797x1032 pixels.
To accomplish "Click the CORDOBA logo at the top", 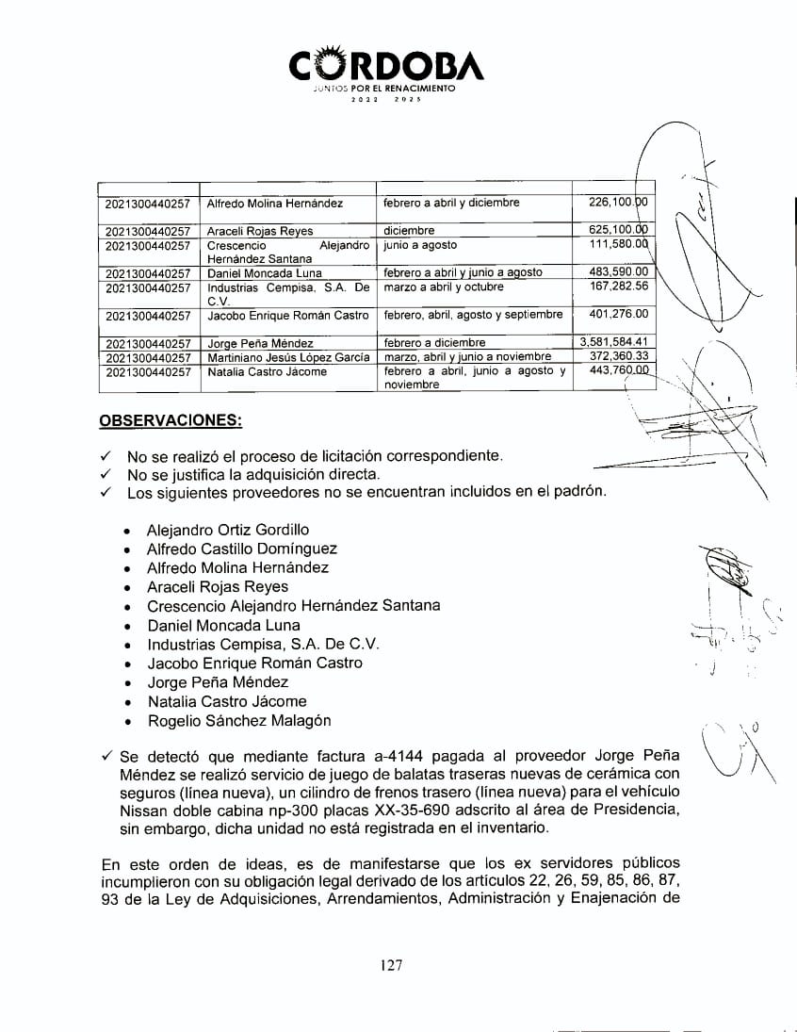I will click(385, 66).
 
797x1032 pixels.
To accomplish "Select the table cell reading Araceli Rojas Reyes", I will click(260, 231).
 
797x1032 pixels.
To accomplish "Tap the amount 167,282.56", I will click(616, 287).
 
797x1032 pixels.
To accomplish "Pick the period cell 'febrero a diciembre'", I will click(434, 343).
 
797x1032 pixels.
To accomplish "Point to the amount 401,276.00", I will click(616, 315).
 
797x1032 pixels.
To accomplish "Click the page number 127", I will click(393, 964).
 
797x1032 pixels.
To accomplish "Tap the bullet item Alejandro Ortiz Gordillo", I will click(227, 530).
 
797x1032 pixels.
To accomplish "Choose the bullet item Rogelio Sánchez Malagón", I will click(239, 721).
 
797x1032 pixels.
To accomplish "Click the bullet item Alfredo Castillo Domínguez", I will click(241, 549).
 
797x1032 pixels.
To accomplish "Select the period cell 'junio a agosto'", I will click(420, 245).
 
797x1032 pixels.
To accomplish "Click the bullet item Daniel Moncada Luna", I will click(223, 625).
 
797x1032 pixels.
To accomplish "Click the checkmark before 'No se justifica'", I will click(106, 474).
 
